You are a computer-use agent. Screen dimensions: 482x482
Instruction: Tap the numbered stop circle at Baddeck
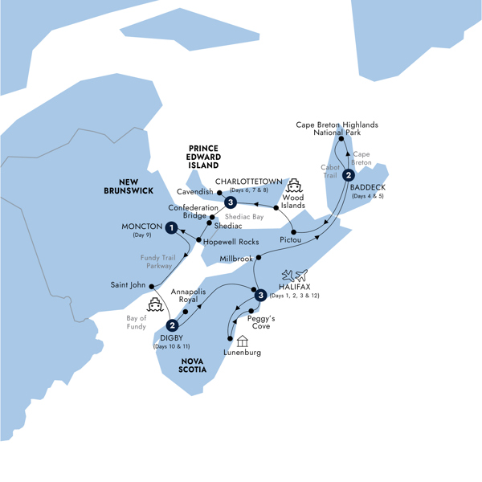(348, 176)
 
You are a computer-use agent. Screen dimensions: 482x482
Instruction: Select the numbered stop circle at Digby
(172, 325)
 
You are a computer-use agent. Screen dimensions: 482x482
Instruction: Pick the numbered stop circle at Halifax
(259, 296)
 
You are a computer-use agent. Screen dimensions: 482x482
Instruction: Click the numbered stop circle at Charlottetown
(231, 202)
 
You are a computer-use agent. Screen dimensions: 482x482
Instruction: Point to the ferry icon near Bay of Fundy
(155, 304)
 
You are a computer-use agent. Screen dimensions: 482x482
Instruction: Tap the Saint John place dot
(152, 285)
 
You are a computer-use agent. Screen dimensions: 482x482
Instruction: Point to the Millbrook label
(236, 259)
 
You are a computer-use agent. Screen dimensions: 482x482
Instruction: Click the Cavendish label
(193, 193)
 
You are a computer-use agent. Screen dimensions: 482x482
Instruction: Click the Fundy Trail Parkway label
(158, 261)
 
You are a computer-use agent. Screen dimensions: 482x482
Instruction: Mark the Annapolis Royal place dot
(186, 310)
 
